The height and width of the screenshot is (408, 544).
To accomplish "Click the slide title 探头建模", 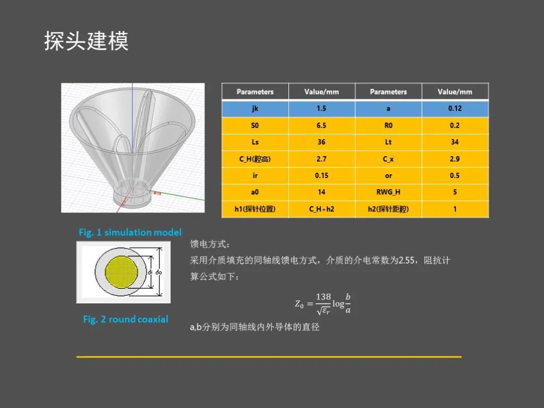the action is [x=87, y=41].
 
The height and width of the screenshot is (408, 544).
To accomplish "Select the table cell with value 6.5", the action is [x=321, y=125].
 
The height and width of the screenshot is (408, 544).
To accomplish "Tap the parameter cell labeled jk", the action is [x=255, y=108].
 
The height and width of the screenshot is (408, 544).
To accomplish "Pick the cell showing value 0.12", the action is [x=455, y=108].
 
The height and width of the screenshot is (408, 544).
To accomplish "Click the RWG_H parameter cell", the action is [x=388, y=192].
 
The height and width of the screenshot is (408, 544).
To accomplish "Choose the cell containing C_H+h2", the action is [x=321, y=209].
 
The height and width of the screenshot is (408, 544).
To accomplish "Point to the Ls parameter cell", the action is [x=255, y=142].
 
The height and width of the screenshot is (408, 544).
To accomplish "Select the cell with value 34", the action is [x=455, y=142].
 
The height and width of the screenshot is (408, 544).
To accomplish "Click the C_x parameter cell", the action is [x=388, y=159].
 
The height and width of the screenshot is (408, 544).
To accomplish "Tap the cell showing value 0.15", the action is [x=321, y=175].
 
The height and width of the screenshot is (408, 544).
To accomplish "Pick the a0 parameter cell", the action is [x=255, y=192].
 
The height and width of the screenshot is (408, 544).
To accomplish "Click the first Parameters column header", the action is [x=255, y=92].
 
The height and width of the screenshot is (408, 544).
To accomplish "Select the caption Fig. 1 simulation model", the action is [x=130, y=232].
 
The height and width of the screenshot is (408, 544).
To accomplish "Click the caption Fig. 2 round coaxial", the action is [x=125, y=319].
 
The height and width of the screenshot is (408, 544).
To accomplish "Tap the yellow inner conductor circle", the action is [x=122, y=273].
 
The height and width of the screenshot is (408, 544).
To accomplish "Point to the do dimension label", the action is [x=158, y=273].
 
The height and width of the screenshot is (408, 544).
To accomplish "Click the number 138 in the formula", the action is [x=324, y=296].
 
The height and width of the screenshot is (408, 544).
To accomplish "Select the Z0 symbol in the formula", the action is [x=299, y=304].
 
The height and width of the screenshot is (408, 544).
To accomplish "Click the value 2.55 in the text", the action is [x=406, y=260].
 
